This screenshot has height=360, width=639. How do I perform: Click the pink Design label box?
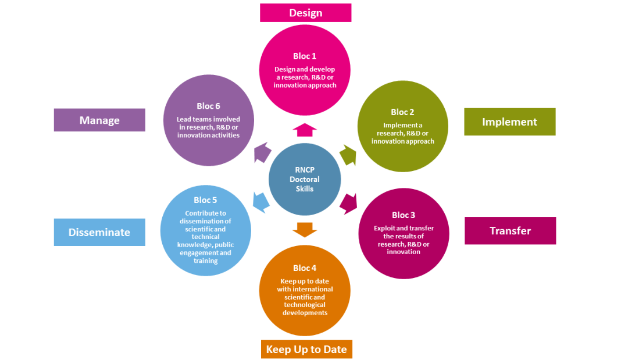point(306,13)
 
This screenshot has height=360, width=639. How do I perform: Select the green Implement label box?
point(510,122)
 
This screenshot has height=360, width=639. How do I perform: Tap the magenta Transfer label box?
point(511,231)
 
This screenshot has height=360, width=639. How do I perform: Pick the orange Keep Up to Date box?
point(306,350)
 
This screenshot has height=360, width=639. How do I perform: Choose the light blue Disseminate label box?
point(99,233)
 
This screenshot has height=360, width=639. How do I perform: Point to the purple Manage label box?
point(99,120)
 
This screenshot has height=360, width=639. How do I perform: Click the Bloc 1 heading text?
point(305,56)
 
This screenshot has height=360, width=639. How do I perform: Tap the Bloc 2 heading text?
point(402,112)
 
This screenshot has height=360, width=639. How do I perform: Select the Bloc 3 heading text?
point(404,215)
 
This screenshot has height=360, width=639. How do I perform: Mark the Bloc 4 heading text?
point(305,268)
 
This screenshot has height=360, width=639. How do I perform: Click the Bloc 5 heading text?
point(205,200)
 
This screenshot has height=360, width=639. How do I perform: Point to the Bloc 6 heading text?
point(208,106)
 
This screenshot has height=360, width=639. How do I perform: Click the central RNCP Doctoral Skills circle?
point(305,179)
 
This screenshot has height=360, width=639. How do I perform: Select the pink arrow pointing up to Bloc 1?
point(305,130)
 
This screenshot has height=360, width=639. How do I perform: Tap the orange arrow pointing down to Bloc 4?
point(305,230)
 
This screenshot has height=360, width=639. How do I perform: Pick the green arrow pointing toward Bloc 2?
point(348,155)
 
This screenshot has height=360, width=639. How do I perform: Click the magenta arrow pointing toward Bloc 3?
point(349,204)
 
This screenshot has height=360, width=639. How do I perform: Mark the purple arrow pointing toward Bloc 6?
point(262,152)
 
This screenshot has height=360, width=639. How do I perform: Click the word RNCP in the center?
point(305,170)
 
